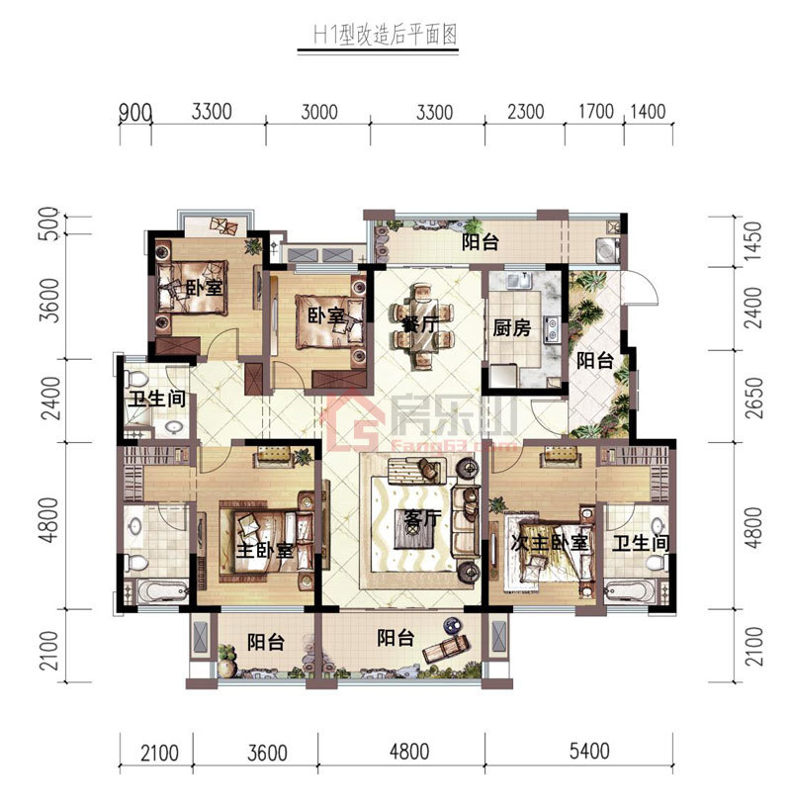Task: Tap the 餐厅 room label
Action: (420, 323)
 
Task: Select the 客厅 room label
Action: (422, 518)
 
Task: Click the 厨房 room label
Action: (512, 327)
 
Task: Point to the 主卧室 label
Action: (264, 551)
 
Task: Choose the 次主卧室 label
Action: (549, 543)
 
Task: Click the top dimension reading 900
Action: (135, 113)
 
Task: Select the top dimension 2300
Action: (526, 112)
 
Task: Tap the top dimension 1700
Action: (596, 112)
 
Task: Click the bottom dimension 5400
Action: (589, 751)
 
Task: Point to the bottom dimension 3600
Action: (267, 754)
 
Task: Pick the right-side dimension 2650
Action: (753, 399)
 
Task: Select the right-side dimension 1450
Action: (753, 240)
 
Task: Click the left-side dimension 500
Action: (49, 223)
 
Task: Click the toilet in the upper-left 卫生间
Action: (136, 380)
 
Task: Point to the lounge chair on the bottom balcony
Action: (446, 647)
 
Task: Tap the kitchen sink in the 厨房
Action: (517, 281)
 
